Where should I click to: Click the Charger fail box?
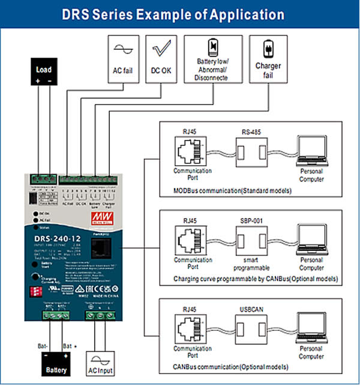268,59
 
